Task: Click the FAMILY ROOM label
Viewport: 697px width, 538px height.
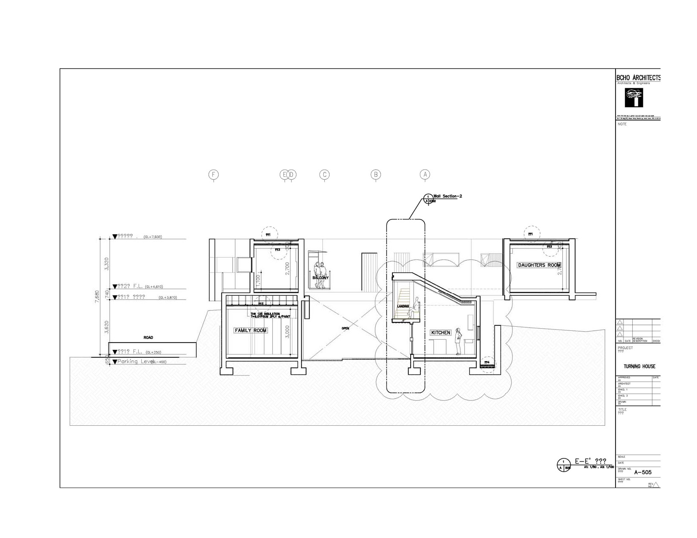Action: click(x=250, y=330)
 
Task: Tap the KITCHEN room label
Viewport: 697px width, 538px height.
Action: click(x=441, y=333)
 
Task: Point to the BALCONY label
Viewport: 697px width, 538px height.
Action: click(x=320, y=278)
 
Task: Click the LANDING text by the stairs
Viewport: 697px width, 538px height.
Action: click(x=403, y=306)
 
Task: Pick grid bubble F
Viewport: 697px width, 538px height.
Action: click(x=214, y=175)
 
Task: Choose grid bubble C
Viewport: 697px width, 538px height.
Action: click(x=324, y=175)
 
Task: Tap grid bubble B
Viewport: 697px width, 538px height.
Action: click(x=376, y=175)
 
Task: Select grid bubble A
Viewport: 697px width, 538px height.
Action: click(x=425, y=175)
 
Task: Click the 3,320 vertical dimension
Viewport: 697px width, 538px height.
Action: click(x=106, y=264)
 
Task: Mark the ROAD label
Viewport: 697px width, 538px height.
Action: click(x=148, y=338)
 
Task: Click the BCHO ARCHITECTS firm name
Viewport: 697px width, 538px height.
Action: click(x=638, y=78)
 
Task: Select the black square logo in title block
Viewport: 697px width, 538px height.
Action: click(x=634, y=98)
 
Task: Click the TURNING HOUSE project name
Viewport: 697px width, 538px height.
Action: click(x=639, y=366)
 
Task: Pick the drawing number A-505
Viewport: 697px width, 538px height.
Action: click(x=643, y=473)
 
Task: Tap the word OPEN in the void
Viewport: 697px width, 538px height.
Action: click(x=345, y=328)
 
